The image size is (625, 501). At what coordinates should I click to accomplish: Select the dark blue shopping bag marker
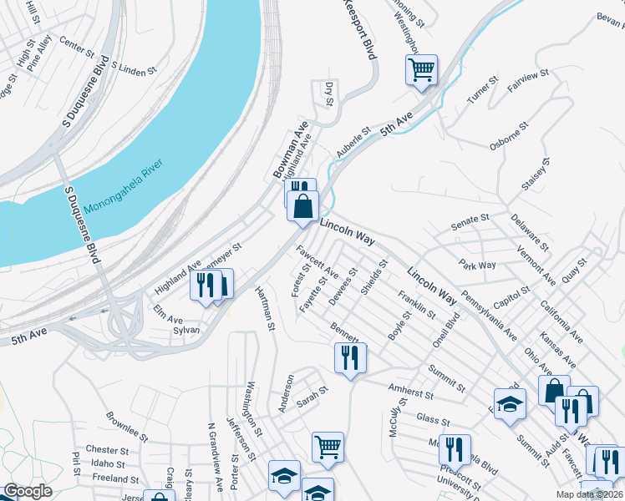(302, 205)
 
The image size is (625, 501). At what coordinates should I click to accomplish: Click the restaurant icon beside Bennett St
(350, 357)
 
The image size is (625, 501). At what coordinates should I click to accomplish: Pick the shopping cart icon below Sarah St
(328, 446)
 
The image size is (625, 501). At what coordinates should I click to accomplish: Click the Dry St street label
(328, 94)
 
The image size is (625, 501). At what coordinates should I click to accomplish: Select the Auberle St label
(353, 144)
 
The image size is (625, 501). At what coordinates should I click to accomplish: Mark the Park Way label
(477, 265)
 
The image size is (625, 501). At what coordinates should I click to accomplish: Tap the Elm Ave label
(168, 319)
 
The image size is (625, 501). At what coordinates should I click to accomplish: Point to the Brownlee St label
(127, 426)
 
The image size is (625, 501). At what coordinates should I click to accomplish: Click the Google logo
(28, 491)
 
